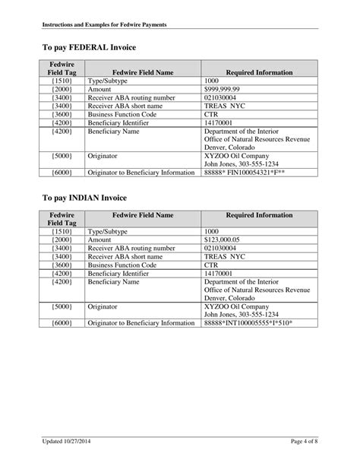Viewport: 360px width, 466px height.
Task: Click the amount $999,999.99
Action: pyautogui.click(x=224, y=89)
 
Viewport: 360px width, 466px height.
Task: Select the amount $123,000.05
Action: pyautogui.click(x=225, y=239)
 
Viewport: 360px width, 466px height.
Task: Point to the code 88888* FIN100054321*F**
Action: pyautogui.click(x=248, y=173)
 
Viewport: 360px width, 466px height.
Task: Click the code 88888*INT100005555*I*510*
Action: pyautogui.click(x=249, y=322)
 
